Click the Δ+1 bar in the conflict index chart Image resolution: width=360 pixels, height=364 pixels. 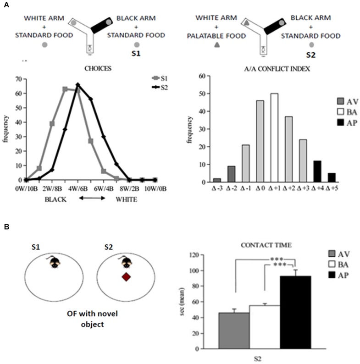274,138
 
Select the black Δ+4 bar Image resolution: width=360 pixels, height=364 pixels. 317,171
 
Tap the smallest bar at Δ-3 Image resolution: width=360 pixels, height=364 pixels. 217,180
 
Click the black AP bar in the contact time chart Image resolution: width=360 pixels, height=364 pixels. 295,312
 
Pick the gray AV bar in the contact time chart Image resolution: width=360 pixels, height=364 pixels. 234,331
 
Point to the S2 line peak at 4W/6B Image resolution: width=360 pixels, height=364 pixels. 78,84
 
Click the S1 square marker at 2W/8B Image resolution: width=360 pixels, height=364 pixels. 52,124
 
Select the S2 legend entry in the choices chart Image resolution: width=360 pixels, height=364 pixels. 160,88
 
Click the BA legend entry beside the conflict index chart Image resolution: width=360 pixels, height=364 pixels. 347,112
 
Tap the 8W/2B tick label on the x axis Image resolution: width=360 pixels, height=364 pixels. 130,189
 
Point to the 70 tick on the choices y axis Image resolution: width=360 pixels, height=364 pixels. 19,79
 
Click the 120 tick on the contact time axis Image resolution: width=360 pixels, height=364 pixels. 194,255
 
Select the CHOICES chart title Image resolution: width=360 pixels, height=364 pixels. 98,68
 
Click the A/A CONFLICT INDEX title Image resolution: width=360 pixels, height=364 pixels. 277,69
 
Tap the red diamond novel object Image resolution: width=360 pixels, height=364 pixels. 126,277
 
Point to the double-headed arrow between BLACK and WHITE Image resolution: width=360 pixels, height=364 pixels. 92,198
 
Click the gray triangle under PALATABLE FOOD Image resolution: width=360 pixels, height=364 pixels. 217,44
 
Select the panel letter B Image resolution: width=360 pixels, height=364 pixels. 6,226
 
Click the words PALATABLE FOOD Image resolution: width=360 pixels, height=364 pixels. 216,36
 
